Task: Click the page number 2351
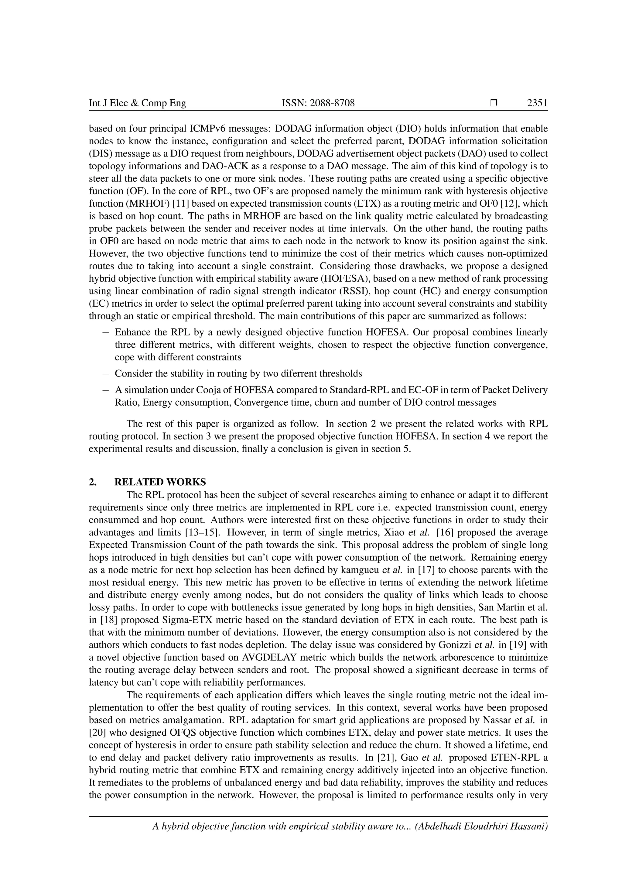(537, 103)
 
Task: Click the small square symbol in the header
(493, 103)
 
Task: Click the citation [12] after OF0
(515, 204)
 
